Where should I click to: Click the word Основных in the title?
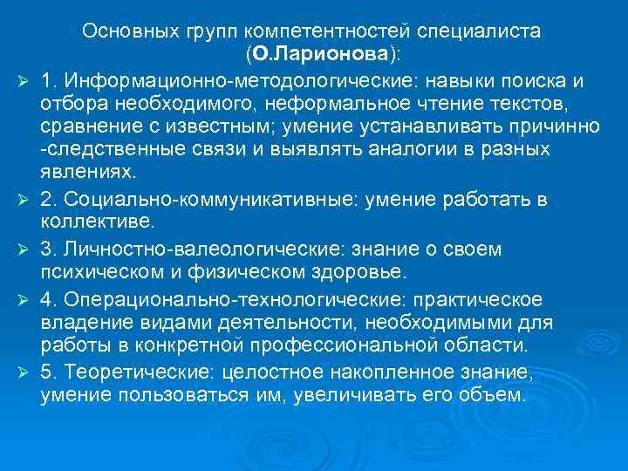pos(131,31)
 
